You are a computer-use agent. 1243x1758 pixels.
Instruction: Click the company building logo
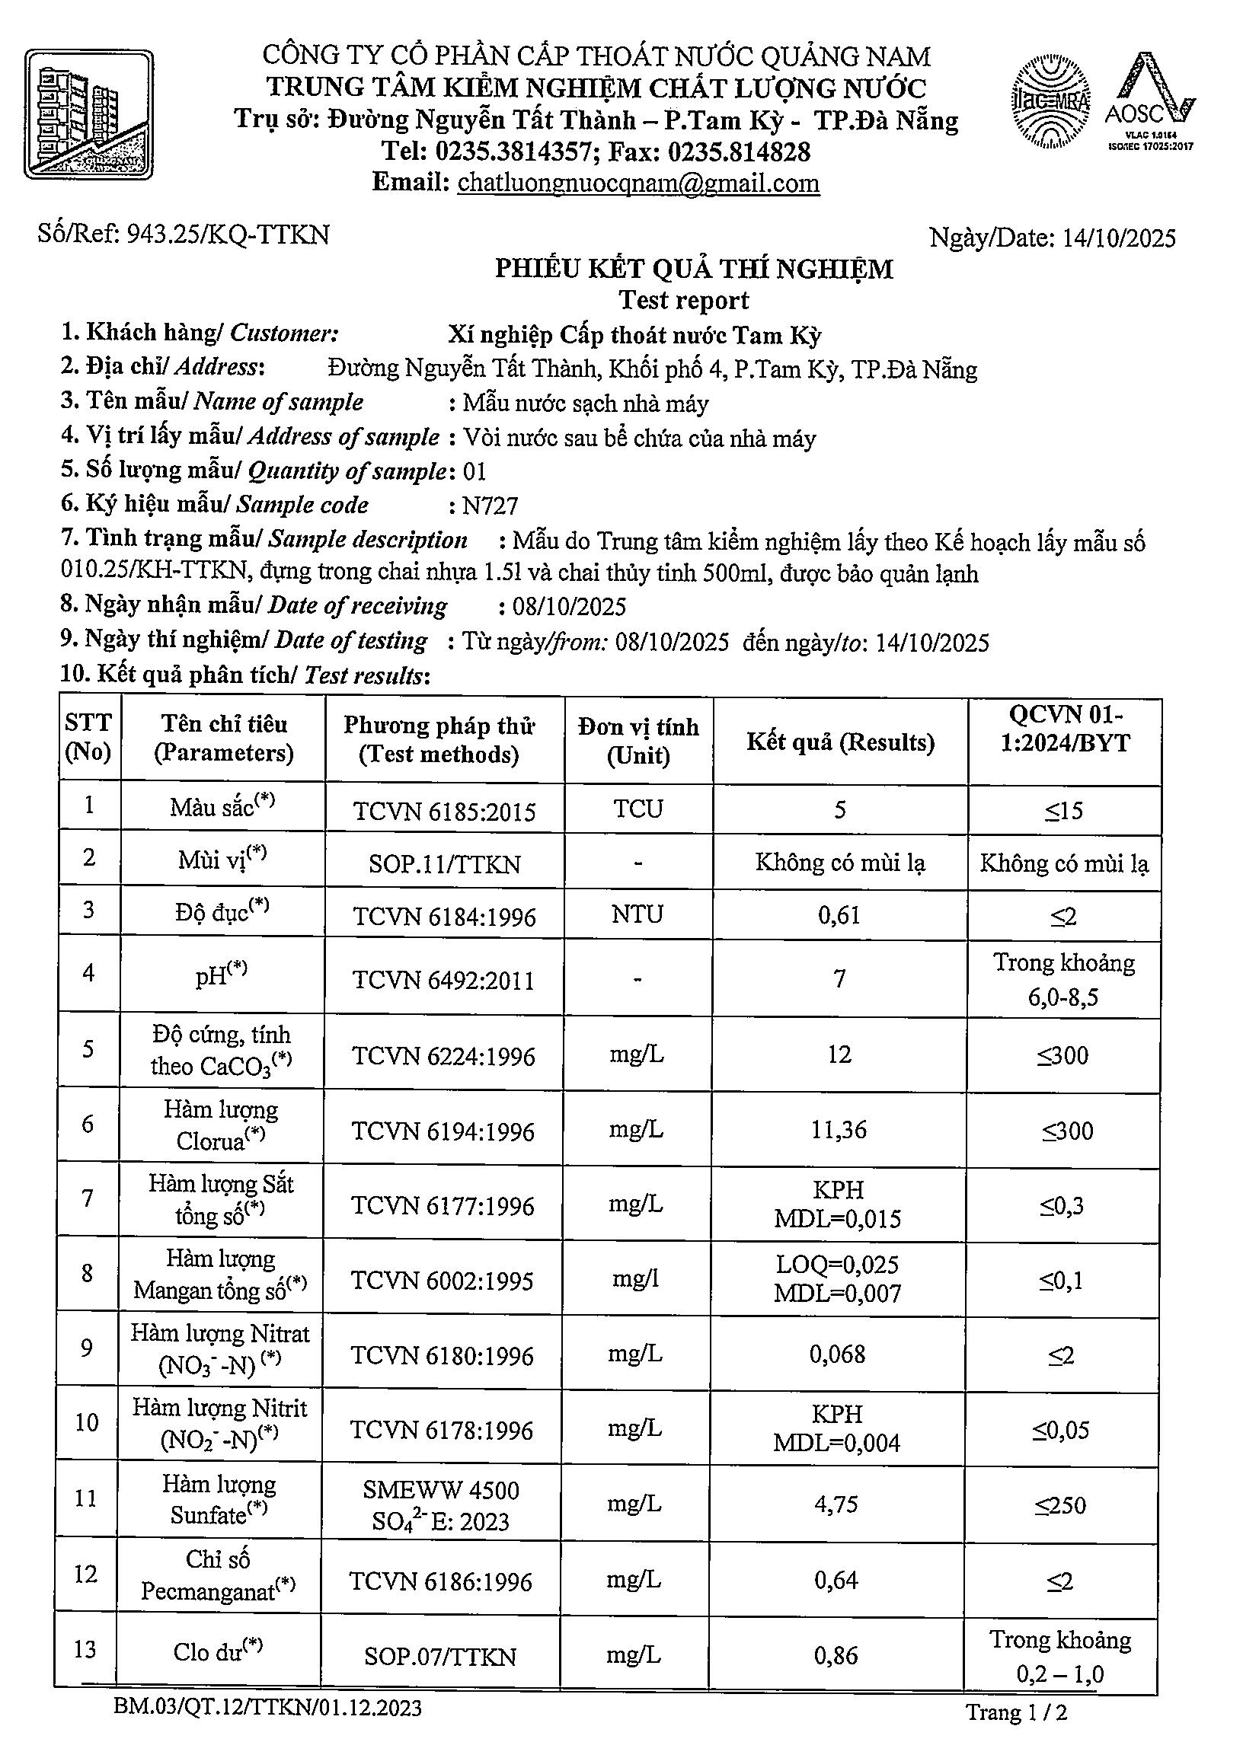coord(89,114)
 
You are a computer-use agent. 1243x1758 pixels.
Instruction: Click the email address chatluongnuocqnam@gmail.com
coord(638,183)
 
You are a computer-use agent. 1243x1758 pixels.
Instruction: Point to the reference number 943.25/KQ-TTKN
coord(228,235)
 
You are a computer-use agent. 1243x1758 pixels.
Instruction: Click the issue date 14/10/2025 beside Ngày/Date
coord(1119,238)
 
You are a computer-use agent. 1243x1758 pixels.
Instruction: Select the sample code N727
coord(491,506)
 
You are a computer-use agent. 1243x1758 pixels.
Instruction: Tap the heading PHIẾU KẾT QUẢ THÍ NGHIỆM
coord(694,269)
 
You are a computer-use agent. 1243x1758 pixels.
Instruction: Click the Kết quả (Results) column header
coord(840,742)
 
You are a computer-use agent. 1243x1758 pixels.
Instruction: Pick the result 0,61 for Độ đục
coord(839,914)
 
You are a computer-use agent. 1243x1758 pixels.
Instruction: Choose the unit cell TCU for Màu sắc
coord(638,809)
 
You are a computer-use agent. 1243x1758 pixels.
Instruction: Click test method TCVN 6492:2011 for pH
coord(443,980)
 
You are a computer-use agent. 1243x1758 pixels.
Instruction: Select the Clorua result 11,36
coord(839,1129)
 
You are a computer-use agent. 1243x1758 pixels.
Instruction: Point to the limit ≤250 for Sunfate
coord(1062,1504)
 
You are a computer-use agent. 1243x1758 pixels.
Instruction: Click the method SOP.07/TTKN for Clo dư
coord(440,1656)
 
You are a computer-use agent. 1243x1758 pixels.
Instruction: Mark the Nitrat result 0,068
coord(838,1354)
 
